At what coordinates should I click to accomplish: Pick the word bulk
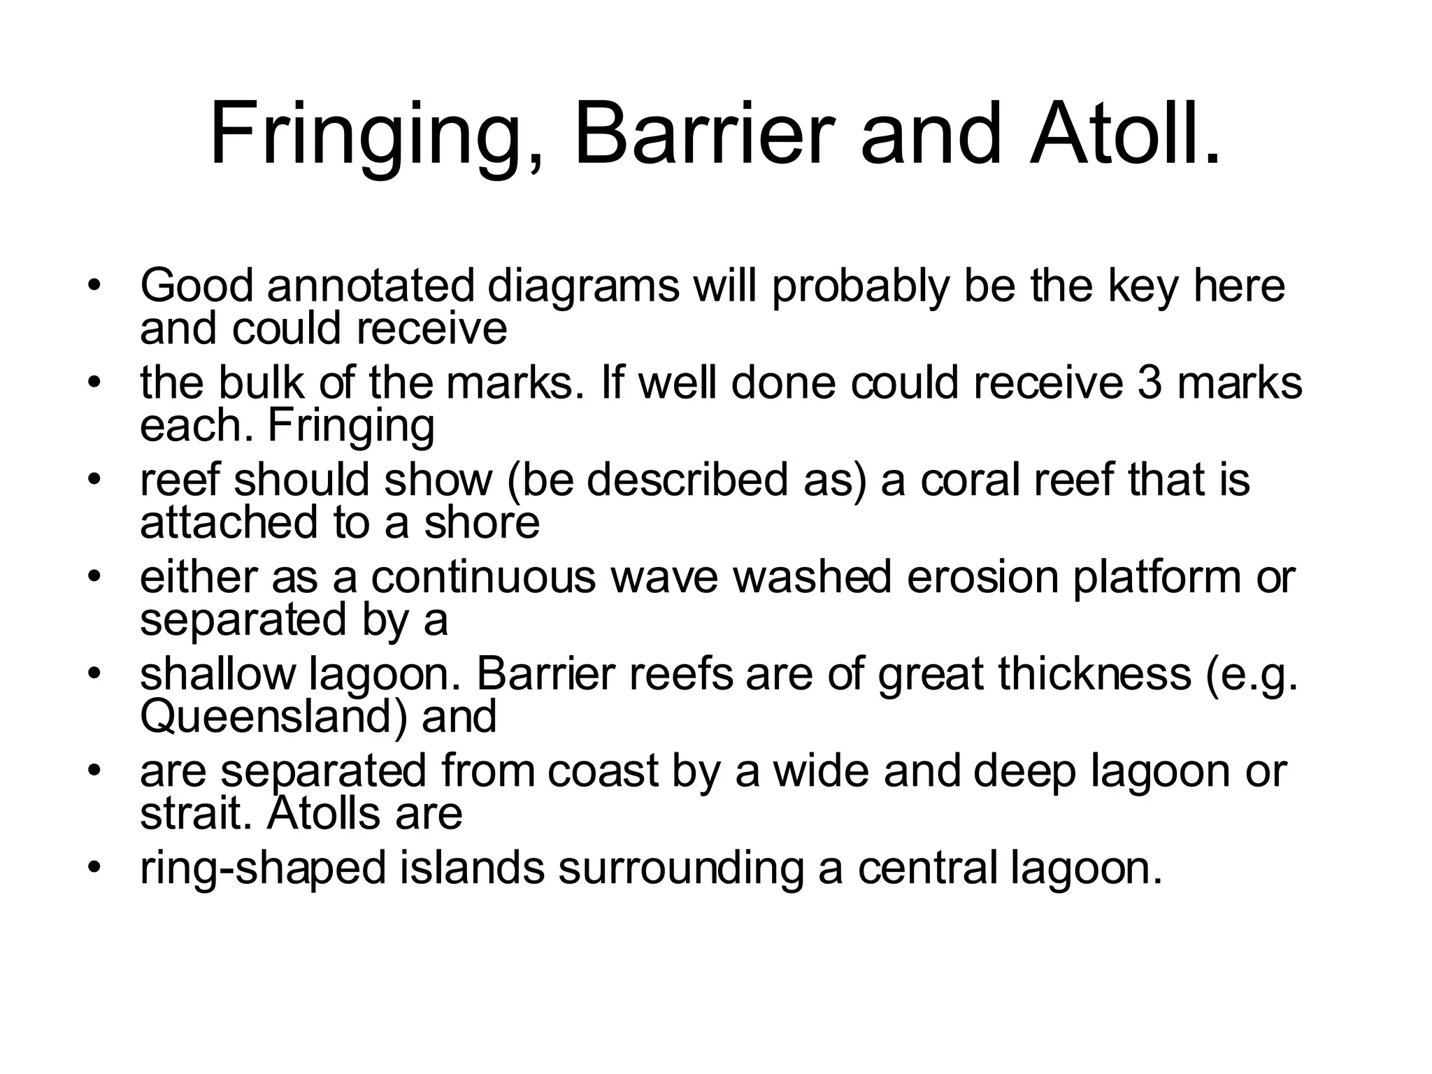coord(261,383)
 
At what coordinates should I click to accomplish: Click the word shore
coord(482,522)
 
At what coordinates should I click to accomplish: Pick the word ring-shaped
coord(263,868)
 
